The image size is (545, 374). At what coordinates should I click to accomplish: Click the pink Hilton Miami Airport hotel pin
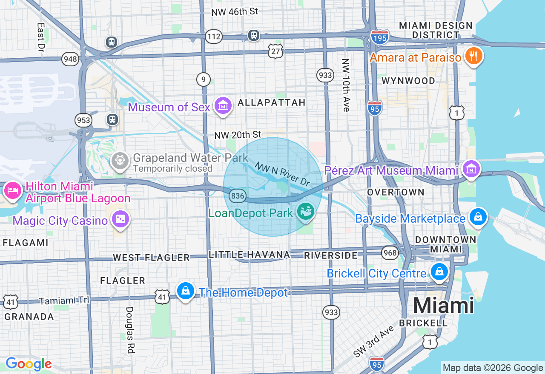[13, 190]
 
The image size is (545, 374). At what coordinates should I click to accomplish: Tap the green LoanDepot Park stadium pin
[305, 211]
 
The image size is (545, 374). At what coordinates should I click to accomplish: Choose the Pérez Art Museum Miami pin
[471, 169]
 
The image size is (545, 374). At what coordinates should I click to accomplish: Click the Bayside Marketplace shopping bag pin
[478, 217]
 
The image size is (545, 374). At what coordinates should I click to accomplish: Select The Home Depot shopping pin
[186, 292]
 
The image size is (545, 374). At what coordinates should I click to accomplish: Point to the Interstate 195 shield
[379, 37]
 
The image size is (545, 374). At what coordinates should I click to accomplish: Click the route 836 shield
[237, 195]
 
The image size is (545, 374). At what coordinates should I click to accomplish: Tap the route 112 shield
[213, 37]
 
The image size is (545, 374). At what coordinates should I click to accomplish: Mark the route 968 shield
[390, 252]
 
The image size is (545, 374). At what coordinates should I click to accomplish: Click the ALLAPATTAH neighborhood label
[272, 102]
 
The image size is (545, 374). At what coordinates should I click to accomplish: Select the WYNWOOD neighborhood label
[408, 81]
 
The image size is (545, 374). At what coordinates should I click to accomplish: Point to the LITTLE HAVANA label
[250, 255]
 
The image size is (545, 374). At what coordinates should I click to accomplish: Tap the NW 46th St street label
[235, 11]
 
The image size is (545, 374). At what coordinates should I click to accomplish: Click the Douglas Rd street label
[130, 330]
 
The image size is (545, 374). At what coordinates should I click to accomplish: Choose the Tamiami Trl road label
[64, 300]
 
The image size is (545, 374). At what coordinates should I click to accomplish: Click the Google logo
[29, 364]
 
